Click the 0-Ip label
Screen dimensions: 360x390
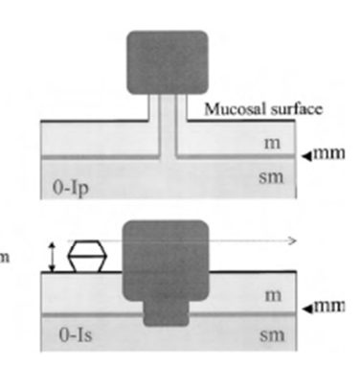(x=71, y=188)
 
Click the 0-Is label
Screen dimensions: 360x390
(x=76, y=335)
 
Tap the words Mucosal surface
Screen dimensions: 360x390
(x=263, y=109)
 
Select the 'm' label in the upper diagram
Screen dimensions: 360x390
(x=272, y=144)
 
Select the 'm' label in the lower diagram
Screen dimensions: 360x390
(x=273, y=296)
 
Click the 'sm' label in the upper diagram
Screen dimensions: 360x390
(x=271, y=178)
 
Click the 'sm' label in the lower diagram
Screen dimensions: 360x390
(x=272, y=335)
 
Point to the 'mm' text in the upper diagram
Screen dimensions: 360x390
(x=329, y=153)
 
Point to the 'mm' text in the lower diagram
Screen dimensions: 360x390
(x=329, y=307)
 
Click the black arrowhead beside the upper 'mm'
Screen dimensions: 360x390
(x=307, y=156)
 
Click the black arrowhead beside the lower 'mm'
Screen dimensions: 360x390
(x=307, y=309)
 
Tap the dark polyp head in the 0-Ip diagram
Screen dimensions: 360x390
(x=168, y=62)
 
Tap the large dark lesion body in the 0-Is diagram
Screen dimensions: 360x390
(x=166, y=261)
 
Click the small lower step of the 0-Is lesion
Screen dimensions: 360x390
(x=166, y=313)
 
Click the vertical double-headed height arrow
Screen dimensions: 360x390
(x=53, y=257)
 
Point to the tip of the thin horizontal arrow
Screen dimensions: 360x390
(x=297, y=241)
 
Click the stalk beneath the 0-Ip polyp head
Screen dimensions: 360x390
(x=168, y=126)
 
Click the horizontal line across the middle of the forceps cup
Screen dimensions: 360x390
(x=87, y=256)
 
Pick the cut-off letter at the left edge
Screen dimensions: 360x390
(x=4, y=258)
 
